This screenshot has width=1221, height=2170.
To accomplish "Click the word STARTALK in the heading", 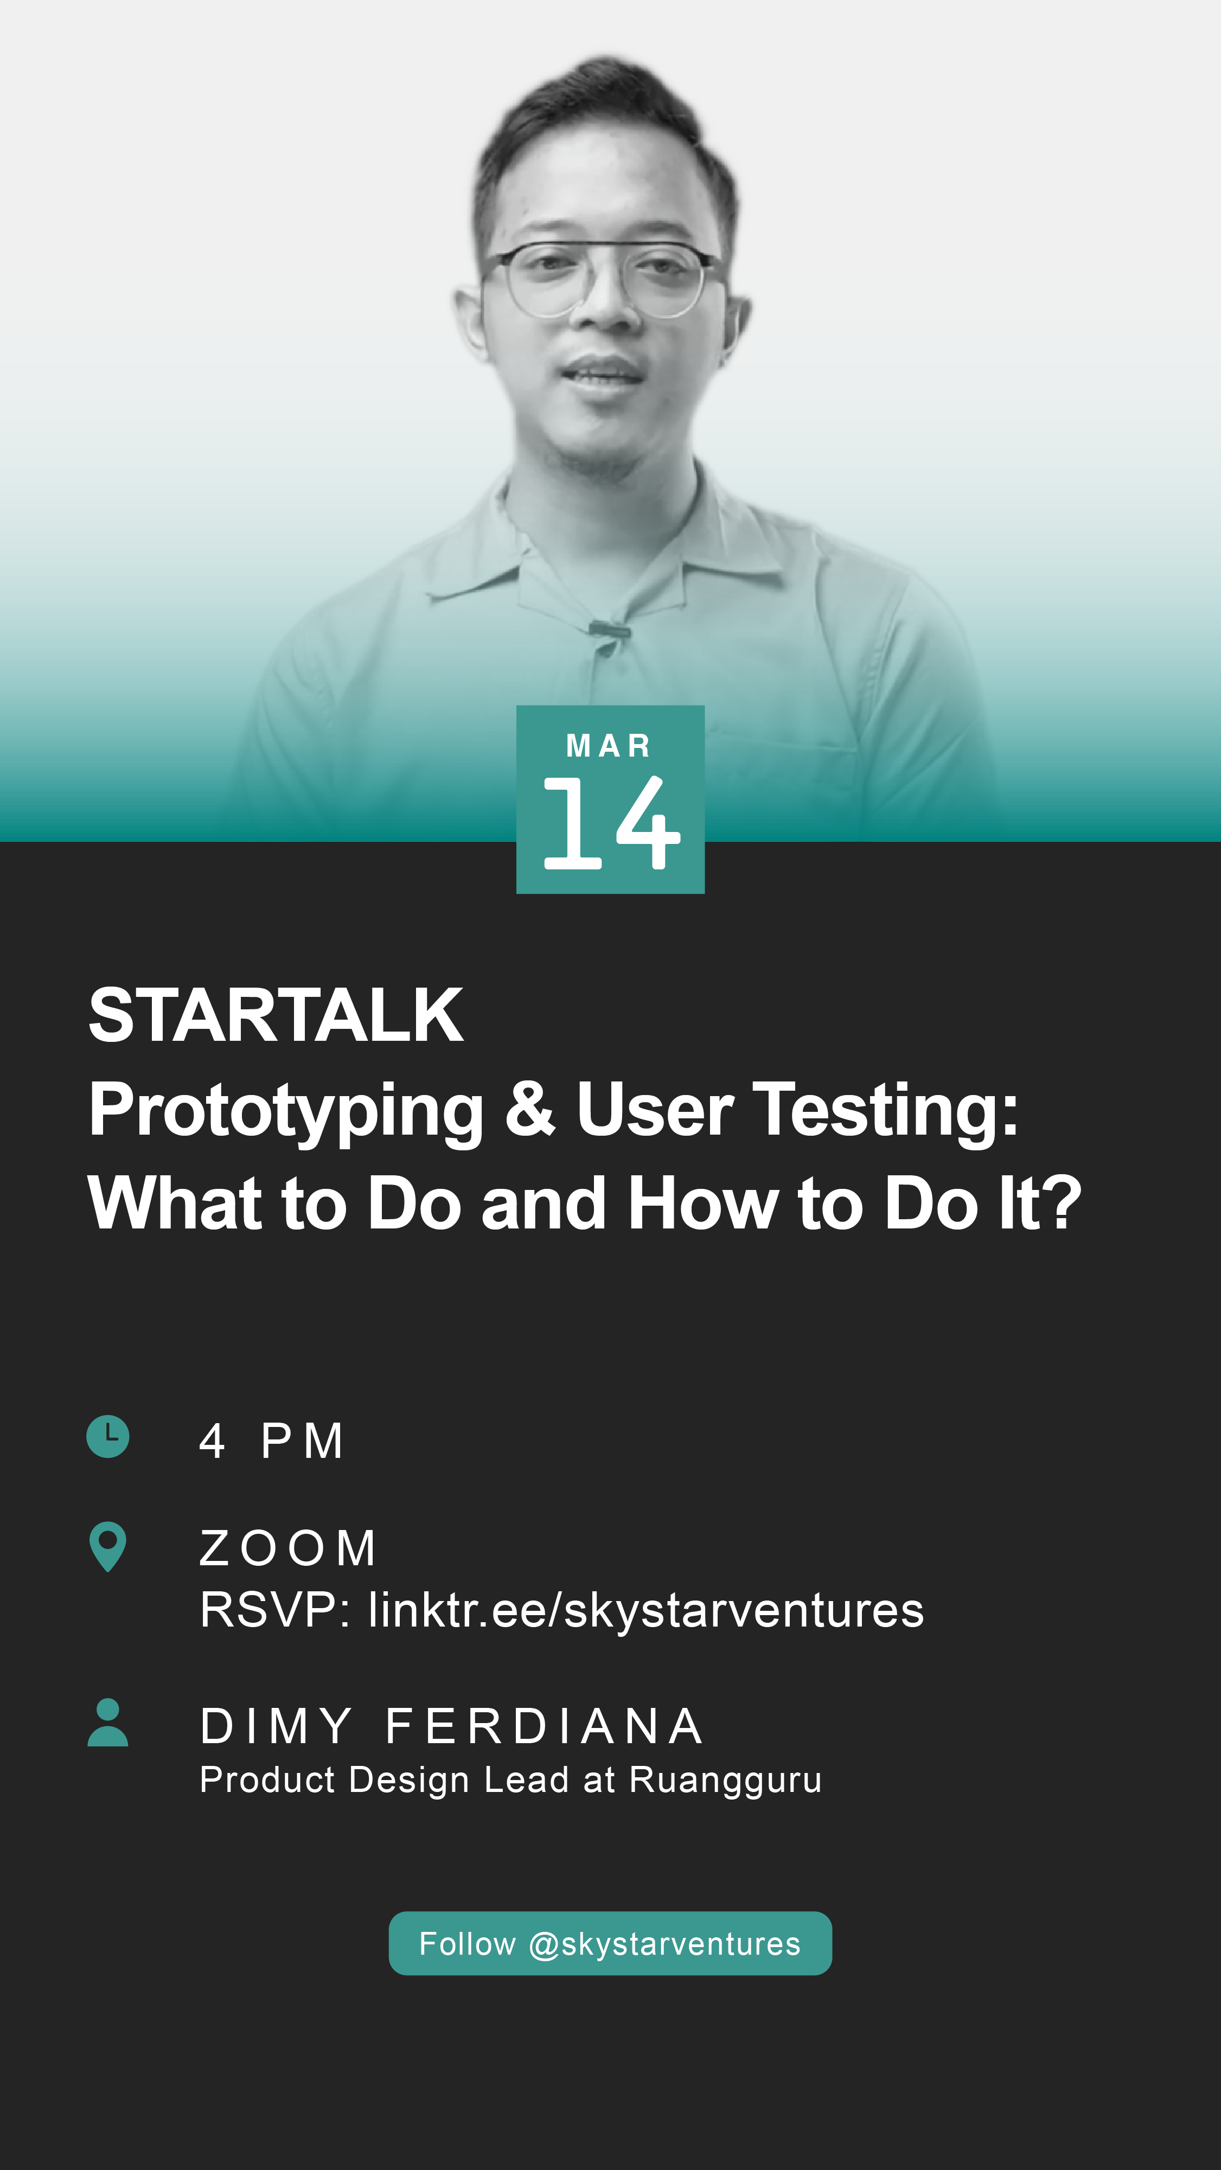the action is (276, 1015).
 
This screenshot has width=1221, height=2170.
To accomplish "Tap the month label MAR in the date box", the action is (609, 746).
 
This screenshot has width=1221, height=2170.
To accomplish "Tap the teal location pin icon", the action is (108, 1546).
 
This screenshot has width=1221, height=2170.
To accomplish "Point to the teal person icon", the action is (108, 1722).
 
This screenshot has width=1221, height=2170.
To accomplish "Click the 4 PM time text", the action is (271, 1441).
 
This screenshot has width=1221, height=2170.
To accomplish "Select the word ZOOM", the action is (287, 1548).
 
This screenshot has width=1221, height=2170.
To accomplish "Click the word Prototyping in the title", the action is (286, 1112).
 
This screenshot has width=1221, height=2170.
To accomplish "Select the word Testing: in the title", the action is (886, 1112).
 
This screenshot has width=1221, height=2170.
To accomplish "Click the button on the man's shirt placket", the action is (609, 629).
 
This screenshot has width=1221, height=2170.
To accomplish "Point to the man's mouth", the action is (602, 372).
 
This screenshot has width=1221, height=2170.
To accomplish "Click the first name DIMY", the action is (276, 1726).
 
